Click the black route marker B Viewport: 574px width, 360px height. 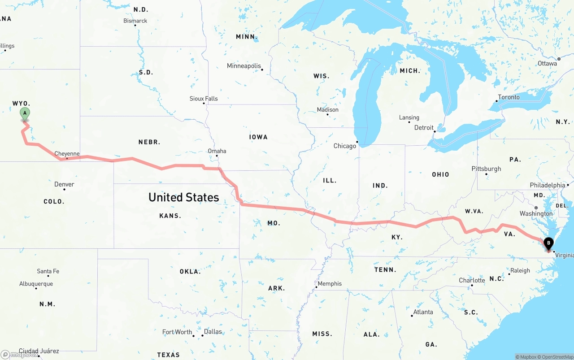pyautogui.click(x=548, y=244)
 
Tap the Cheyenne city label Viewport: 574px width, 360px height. pyautogui.click(x=67, y=154)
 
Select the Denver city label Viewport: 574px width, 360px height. pyautogui.click(x=64, y=184)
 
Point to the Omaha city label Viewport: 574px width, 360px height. pyautogui.click(x=217, y=151)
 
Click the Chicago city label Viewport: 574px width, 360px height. pyautogui.click(x=344, y=146)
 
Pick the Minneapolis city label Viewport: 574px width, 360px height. pyautogui.click(x=244, y=66)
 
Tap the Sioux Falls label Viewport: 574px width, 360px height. pyautogui.click(x=204, y=99)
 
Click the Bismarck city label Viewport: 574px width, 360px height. pyautogui.click(x=135, y=21)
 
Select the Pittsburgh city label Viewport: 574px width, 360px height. pyautogui.click(x=486, y=169)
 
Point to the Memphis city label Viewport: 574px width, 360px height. pyautogui.click(x=330, y=283)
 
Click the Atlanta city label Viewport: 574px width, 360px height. pyautogui.click(x=423, y=312)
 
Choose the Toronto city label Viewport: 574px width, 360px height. pyautogui.click(x=509, y=97)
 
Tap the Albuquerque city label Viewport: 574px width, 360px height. pyautogui.click(x=36, y=284)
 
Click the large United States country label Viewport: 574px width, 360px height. pyautogui.click(x=183, y=197)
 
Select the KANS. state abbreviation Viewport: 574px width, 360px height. pyautogui.click(x=170, y=216)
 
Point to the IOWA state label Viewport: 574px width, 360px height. pyautogui.click(x=258, y=137)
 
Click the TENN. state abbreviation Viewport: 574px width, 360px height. pyautogui.click(x=385, y=269)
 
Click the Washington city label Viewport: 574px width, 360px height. pyautogui.click(x=536, y=213)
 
